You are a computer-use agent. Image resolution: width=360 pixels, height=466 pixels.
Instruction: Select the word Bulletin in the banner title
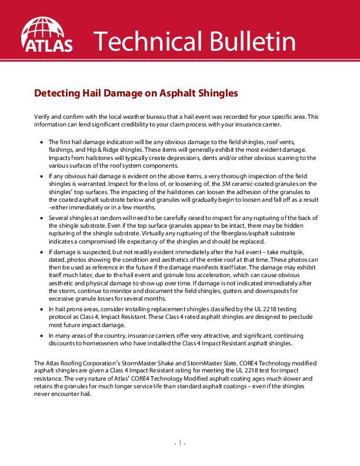tap(249, 41)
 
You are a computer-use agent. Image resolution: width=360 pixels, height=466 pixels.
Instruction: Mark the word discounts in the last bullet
tap(63, 343)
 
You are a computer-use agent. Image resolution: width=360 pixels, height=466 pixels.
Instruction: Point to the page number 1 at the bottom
tap(180, 443)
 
